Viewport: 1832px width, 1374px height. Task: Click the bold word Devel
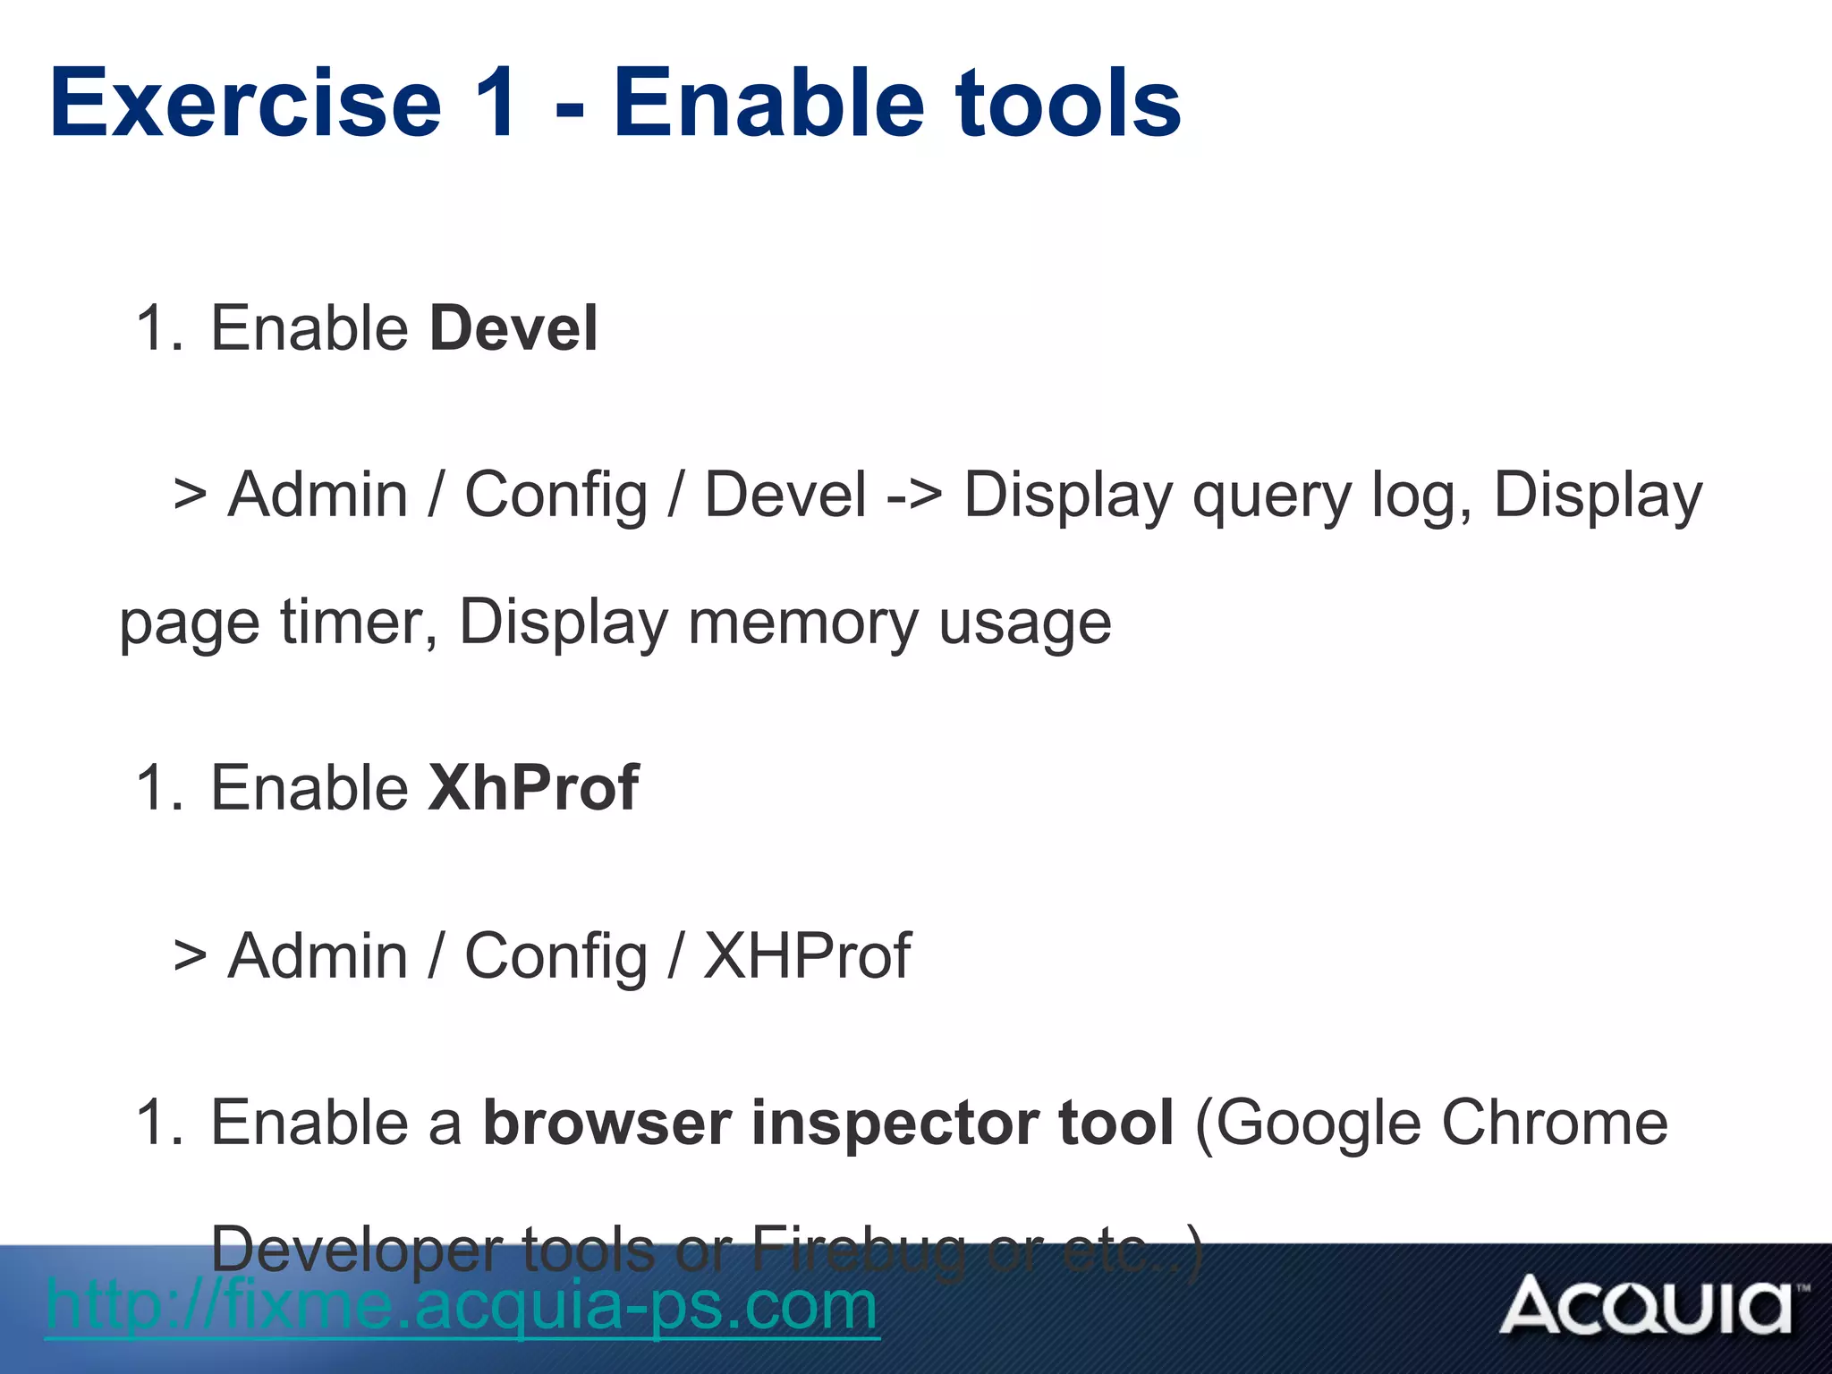click(x=513, y=328)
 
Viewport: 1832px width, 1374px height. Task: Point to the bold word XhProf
click(x=534, y=788)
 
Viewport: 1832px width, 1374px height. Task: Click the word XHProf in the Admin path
click(x=807, y=955)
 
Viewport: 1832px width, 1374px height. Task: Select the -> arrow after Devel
click(x=913, y=495)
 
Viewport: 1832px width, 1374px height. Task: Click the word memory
click(x=802, y=622)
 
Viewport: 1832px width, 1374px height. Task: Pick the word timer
click(x=359, y=622)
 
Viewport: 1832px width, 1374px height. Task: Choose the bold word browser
click(x=607, y=1124)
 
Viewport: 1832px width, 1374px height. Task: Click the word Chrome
click(x=1555, y=1124)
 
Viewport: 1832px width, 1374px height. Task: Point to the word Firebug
click(x=859, y=1249)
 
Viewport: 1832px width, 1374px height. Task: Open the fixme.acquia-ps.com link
click(x=462, y=1305)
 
